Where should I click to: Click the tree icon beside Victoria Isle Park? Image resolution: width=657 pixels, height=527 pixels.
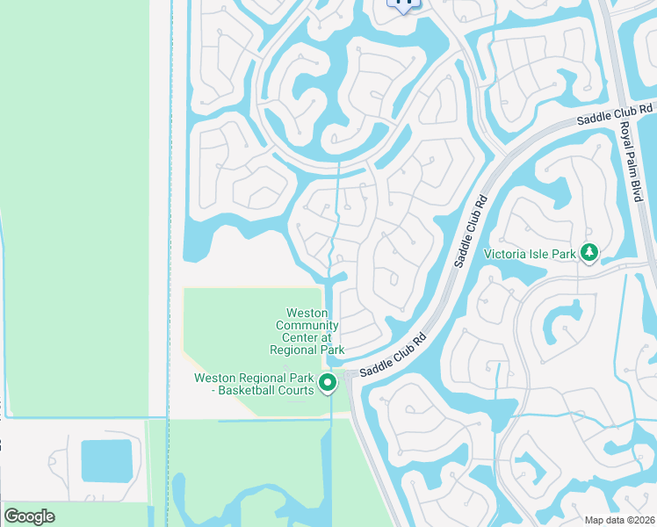point(589,254)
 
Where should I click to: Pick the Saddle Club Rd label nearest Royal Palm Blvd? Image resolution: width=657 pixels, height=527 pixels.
point(615,112)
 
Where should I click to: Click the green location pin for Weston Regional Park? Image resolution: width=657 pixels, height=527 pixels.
point(328,382)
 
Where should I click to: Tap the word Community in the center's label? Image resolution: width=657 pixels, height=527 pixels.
point(307,325)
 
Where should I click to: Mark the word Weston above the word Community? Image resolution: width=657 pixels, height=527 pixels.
point(307,313)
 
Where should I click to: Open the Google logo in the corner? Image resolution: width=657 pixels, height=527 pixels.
point(29,516)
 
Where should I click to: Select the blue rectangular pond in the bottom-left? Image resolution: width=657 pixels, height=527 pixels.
point(106,460)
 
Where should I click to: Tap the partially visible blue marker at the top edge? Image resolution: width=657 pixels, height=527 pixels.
point(404,4)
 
